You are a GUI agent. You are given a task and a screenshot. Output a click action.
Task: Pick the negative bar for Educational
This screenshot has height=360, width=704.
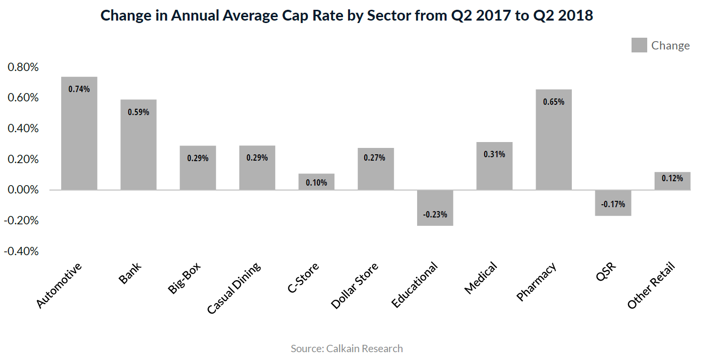[435, 208]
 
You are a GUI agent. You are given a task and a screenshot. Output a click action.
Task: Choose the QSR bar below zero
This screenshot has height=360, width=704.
[613, 203]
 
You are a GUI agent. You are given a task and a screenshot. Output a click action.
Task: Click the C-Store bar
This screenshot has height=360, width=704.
[316, 182]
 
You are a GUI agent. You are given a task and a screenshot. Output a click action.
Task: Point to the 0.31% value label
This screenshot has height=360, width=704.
[494, 154]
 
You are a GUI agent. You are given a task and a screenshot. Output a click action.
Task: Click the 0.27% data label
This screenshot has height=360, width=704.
[375, 158]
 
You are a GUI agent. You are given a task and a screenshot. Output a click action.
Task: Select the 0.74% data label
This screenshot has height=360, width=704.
[79, 89]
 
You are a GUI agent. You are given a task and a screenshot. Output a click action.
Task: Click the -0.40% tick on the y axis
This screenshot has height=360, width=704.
[22, 251]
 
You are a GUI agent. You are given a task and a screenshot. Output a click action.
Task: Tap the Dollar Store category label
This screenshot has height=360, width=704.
[355, 286]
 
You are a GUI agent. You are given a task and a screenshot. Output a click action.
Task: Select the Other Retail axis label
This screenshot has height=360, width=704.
[651, 286]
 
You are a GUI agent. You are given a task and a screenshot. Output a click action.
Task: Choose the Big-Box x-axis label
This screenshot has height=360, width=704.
[185, 278]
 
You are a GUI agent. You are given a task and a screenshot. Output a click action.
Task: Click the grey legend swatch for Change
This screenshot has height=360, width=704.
[639, 46]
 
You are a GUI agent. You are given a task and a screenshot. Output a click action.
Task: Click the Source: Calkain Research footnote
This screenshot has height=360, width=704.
[347, 349]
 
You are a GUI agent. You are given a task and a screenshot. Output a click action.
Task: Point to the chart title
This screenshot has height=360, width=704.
[347, 16]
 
